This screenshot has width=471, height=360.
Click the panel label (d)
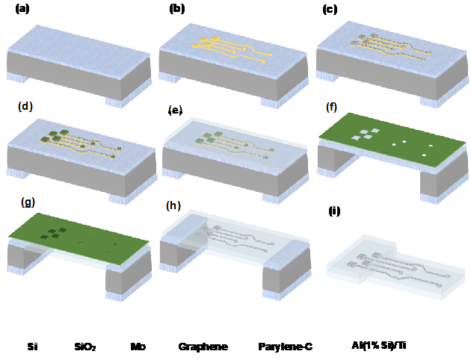[25, 106]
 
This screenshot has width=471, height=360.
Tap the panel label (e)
[175, 111]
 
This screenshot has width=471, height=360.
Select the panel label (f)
[331, 107]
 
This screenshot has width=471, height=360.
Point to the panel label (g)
[28, 202]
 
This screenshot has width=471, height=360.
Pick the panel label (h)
[173, 206]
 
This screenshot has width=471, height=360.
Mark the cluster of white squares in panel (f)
[366, 134]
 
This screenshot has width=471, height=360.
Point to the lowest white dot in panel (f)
[424, 155]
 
